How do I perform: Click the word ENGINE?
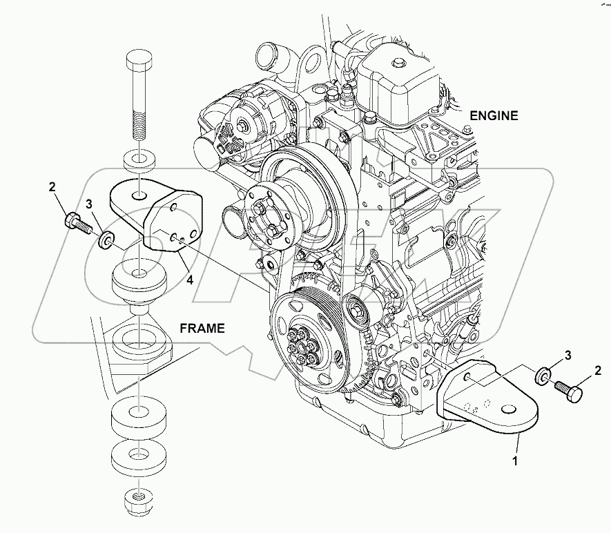click(493, 115)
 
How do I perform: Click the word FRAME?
click(202, 329)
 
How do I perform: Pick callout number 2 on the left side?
click(51, 187)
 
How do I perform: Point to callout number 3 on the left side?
click(88, 204)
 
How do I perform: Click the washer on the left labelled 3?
click(106, 240)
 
